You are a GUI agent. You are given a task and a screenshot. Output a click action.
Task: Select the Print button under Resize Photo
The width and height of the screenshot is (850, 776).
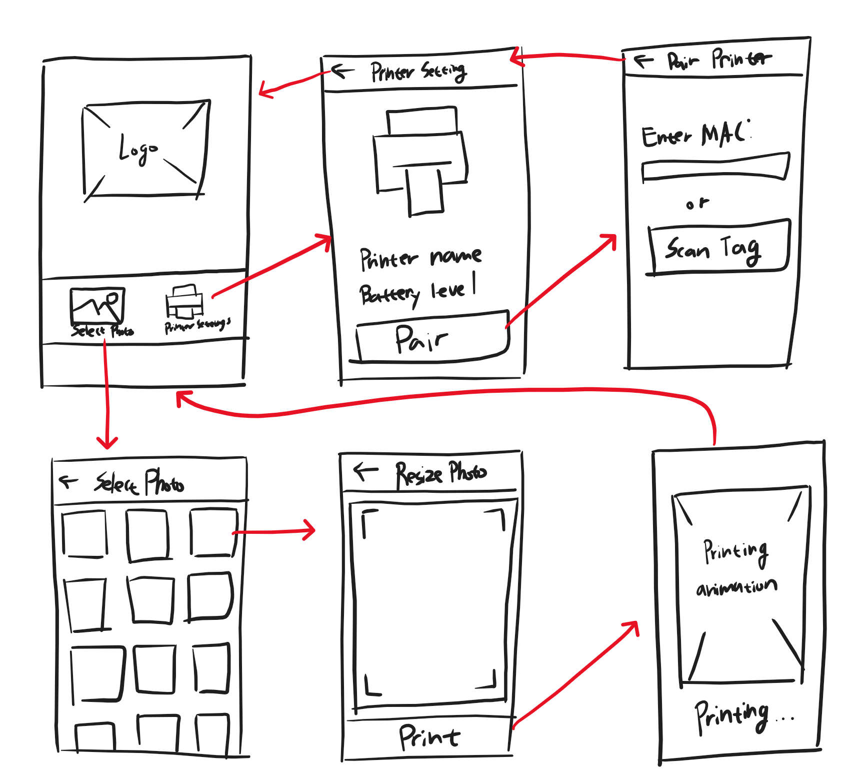coord(429,736)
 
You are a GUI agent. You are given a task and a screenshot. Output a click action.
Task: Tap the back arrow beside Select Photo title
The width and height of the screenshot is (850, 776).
coord(68,482)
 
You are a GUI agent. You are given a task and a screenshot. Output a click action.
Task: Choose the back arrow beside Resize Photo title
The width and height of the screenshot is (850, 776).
coord(365,471)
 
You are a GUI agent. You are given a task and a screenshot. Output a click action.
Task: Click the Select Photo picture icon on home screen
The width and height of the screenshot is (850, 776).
coord(97,305)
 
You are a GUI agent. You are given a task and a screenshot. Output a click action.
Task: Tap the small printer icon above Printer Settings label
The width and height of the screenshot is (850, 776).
coord(184,302)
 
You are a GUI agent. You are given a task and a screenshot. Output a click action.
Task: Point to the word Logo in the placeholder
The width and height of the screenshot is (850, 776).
coord(137,150)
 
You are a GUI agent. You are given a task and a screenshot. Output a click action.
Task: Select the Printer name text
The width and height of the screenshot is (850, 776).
coord(420,258)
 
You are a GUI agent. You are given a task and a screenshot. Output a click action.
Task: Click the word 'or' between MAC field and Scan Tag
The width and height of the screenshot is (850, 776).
coord(697,204)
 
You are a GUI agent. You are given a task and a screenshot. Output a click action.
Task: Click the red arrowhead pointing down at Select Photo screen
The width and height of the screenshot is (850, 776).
coord(107,443)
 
